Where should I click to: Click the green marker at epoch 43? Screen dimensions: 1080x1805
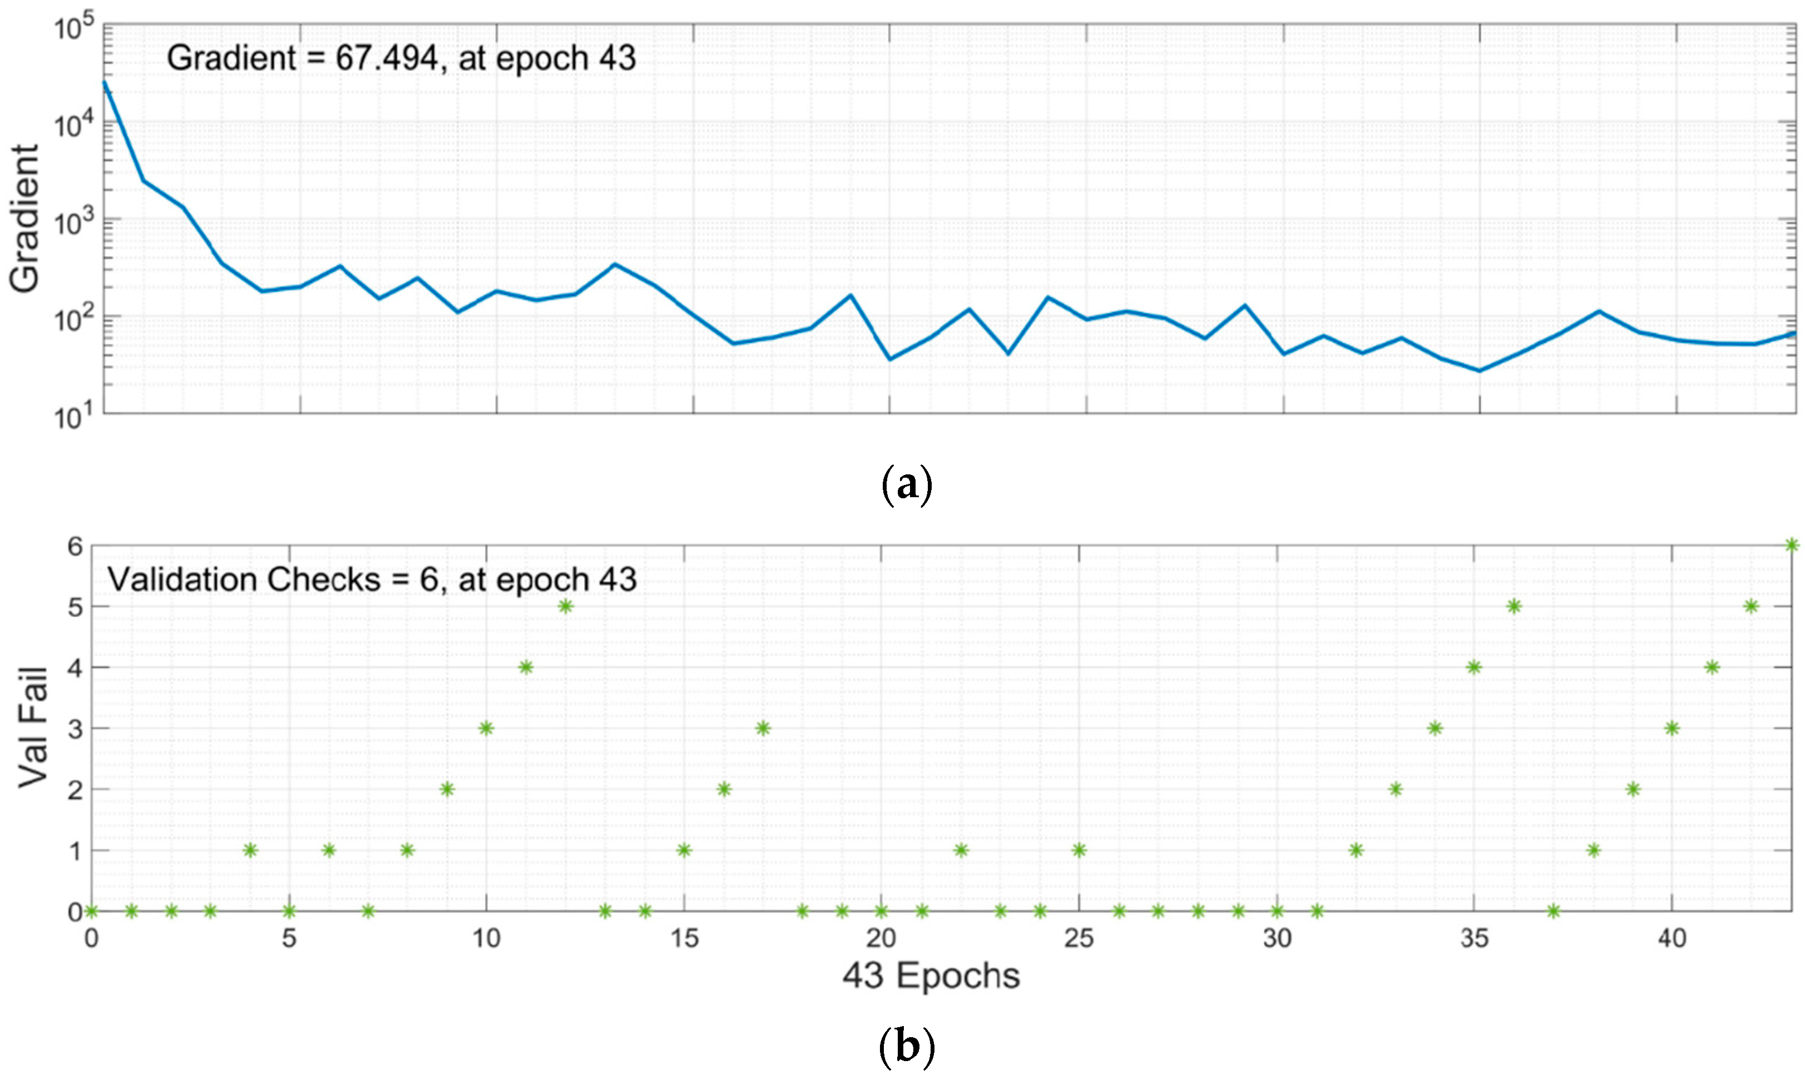click(x=1792, y=545)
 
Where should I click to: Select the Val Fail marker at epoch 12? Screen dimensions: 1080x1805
click(x=566, y=606)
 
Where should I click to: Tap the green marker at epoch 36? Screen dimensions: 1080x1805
click(x=1515, y=606)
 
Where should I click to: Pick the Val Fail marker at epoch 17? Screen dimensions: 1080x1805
click(x=763, y=729)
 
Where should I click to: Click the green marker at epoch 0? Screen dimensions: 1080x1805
click(x=92, y=911)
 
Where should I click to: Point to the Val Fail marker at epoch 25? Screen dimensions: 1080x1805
click(x=1079, y=850)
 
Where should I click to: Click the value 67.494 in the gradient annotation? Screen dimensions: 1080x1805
click(x=387, y=58)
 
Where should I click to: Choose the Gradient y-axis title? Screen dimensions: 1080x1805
click(x=26, y=219)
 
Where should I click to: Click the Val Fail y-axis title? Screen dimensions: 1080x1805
click(x=33, y=728)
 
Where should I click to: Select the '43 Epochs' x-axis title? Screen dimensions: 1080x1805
click(x=931, y=976)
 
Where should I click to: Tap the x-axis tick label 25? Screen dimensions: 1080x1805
click(x=1079, y=939)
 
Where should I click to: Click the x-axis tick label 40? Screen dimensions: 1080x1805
click(x=1672, y=939)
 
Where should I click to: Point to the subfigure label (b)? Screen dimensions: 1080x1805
click(x=906, y=1048)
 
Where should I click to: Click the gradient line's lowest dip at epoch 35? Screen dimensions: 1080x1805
click(x=1479, y=370)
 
